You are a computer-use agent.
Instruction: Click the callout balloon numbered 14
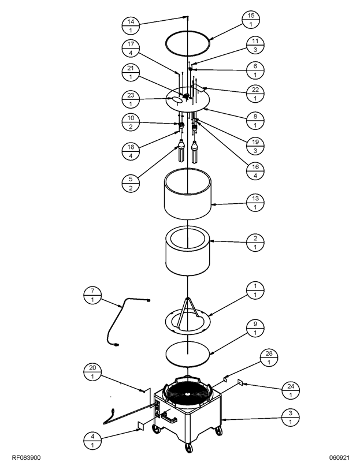click(x=131, y=25)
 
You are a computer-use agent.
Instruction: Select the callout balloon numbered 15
click(x=251, y=20)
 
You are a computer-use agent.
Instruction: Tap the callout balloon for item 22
click(x=255, y=94)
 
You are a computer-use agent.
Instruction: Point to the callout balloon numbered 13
click(x=255, y=203)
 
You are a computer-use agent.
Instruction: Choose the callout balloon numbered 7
click(x=92, y=295)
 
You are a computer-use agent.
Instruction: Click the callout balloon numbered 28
click(x=269, y=357)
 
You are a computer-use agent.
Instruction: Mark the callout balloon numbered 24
click(x=291, y=390)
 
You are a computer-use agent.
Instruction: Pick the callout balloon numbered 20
click(x=92, y=372)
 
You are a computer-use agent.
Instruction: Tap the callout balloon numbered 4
click(x=92, y=441)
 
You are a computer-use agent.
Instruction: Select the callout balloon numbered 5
click(x=131, y=184)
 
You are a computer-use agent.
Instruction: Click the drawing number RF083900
click(x=26, y=457)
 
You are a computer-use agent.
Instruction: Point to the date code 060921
click(x=339, y=457)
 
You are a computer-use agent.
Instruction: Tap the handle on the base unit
click(x=169, y=416)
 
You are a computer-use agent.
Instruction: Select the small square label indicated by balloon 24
click(x=240, y=382)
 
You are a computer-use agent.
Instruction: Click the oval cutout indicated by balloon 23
click(x=177, y=100)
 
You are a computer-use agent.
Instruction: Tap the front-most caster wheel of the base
click(x=188, y=448)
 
